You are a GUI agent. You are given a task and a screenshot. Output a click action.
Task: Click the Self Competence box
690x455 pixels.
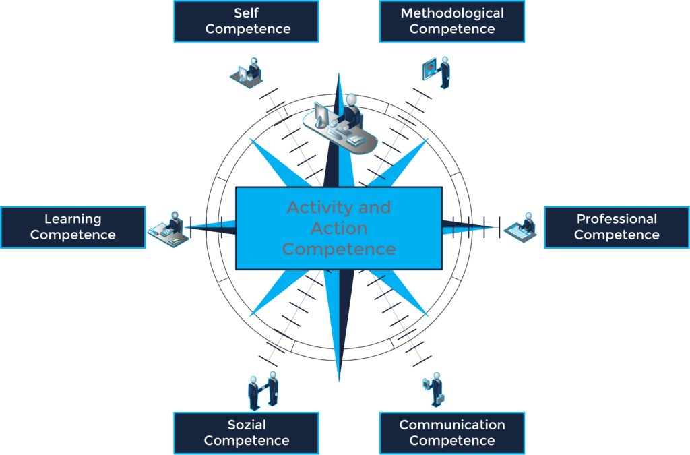247,22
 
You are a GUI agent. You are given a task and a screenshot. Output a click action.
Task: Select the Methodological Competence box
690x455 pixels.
452,22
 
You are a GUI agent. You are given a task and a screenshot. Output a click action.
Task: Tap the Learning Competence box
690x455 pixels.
73,227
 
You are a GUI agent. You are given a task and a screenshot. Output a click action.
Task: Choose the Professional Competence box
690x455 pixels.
617,227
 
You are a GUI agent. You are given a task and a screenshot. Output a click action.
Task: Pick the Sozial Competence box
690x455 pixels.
247,433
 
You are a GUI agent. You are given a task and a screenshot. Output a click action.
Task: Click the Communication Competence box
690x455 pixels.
452,433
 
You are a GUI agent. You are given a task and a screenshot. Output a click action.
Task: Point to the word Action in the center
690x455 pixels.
339,229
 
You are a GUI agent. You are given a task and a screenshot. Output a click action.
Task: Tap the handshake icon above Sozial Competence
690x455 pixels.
262,390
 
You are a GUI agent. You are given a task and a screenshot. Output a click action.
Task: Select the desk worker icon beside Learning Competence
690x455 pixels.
169,228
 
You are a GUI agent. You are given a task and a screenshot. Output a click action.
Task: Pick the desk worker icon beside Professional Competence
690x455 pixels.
523,226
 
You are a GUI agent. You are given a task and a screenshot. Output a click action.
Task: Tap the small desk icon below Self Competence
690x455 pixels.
247,71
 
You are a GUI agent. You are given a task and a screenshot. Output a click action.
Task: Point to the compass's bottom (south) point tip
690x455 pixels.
338,377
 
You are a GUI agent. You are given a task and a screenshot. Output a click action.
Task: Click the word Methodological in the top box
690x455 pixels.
452,13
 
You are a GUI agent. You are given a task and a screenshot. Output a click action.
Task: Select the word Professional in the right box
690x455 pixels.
617,219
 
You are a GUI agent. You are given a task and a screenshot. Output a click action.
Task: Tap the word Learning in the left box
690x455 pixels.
73,219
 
